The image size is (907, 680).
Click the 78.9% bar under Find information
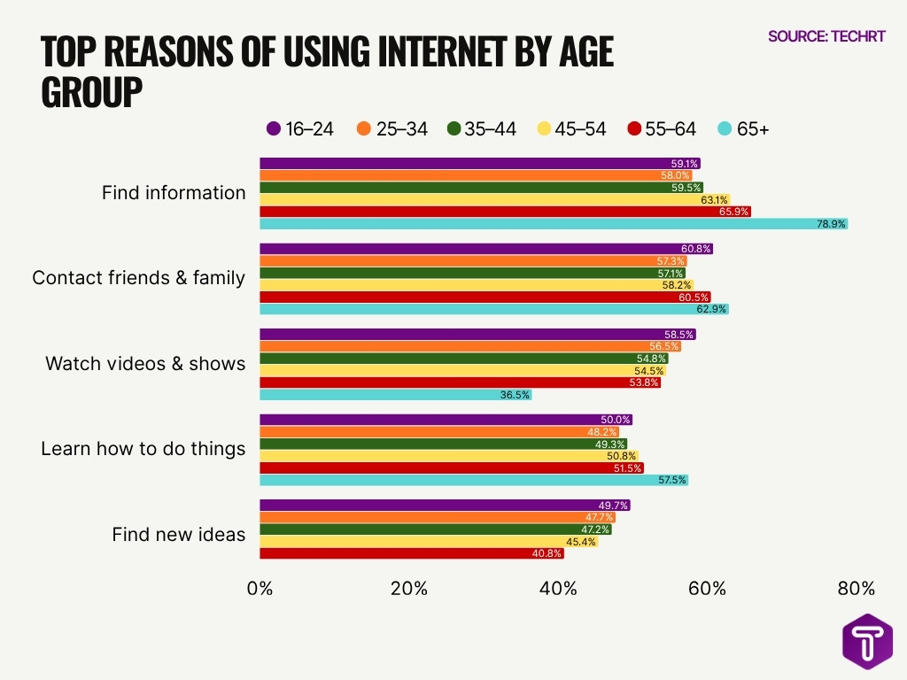[553, 224]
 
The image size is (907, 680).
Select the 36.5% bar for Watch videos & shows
[395, 395]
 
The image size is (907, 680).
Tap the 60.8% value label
[695, 250]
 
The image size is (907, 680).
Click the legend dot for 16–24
[274, 128]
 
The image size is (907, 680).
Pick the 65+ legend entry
[743, 128]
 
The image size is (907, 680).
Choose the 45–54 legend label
[580, 128]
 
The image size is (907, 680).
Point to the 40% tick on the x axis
[558, 588]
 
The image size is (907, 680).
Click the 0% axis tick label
[260, 588]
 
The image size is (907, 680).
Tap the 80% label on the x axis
[856, 588]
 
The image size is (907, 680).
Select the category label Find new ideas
[178, 534]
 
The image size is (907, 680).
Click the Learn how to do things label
[143, 448]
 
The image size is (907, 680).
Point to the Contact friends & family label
[138, 278]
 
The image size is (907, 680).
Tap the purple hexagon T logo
[867, 640]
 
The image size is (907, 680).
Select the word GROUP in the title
[92, 91]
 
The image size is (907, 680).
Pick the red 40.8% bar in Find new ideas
[411, 553]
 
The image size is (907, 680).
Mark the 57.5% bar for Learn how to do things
[473, 480]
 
